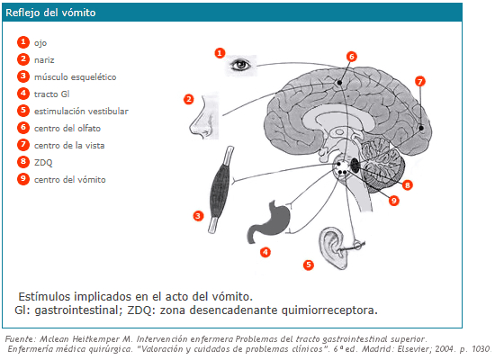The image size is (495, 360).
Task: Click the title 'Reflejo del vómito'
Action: coord(50,13)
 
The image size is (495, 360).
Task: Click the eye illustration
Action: coord(241,65)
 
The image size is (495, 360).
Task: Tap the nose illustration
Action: coord(204,116)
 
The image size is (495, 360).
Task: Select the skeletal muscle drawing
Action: coord(221,190)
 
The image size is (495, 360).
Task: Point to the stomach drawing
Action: coord(269,221)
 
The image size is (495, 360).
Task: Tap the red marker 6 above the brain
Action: coord(352,57)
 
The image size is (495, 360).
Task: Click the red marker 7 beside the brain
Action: coord(420,82)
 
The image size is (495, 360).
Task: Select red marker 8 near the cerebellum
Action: coord(407,185)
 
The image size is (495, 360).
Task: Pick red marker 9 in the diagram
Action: coord(393,201)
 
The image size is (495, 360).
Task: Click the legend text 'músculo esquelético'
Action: coord(75,77)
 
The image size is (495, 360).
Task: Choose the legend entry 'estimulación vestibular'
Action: coord(81,112)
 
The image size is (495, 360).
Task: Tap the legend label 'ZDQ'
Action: coord(43,163)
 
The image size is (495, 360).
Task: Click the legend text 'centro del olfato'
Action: coord(67,128)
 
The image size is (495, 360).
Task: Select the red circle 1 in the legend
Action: coord(23,42)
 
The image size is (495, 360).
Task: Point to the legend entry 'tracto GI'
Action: coord(52,94)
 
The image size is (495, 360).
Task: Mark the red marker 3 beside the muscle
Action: coord(198,216)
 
